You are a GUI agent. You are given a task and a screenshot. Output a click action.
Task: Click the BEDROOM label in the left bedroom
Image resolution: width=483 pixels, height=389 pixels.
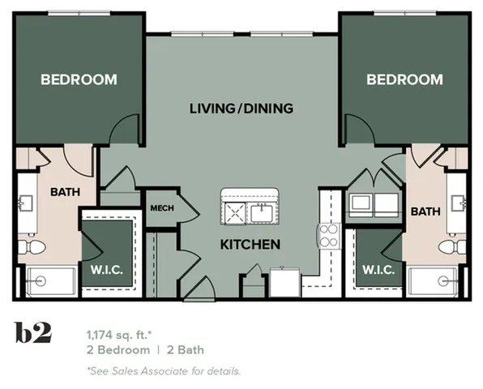[79, 79]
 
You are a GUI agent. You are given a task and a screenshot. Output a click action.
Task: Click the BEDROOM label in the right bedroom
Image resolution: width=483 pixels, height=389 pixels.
[404, 79]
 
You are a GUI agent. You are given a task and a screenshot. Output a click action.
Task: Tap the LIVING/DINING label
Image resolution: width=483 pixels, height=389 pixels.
[241, 108]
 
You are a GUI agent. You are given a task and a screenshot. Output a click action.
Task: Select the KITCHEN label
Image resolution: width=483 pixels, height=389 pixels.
[250, 244]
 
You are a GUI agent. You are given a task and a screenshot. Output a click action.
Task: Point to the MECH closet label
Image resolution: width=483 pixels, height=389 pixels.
[162, 208]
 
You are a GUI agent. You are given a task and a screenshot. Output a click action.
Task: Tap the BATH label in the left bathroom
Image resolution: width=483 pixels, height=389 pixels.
[64, 192]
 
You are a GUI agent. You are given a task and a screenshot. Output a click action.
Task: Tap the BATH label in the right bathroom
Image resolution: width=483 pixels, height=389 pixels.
[425, 211]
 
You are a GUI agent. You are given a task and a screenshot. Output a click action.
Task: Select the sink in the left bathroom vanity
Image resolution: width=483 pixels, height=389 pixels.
[26, 203]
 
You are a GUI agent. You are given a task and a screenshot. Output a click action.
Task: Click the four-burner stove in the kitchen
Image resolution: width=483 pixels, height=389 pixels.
[329, 236]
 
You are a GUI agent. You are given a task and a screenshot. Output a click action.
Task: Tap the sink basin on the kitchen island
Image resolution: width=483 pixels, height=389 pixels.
[261, 212]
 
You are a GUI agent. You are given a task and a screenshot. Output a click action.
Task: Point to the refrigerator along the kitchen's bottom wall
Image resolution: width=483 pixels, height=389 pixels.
[284, 283]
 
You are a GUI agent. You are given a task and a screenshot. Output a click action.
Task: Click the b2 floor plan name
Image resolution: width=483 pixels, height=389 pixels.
[33, 333]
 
